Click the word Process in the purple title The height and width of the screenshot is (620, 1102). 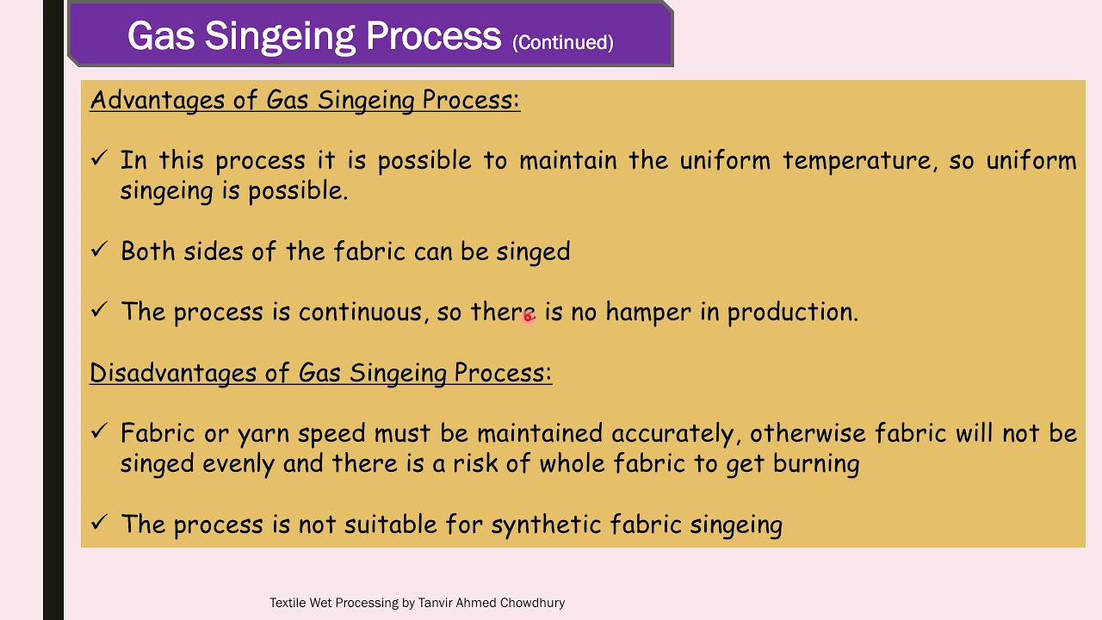pos(433,36)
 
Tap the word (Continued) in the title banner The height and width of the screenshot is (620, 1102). pos(562,42)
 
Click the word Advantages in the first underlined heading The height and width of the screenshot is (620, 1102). pos(157,100)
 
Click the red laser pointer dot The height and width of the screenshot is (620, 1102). pos(529,317)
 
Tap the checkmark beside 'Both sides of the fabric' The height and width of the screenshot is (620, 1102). pos(99,250)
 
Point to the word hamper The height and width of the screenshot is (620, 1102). pos(647,313)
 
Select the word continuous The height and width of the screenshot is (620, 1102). pos(362,312)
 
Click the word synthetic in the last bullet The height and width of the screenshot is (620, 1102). pos(546,525)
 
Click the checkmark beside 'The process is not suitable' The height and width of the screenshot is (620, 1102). pos(99,522)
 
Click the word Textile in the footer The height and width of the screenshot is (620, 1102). pos(288,603)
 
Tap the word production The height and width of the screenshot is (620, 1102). pos(792,313)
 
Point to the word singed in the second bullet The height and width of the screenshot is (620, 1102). pos(533,252)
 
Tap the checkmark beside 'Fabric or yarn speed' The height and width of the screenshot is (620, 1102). pos(99,431)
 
